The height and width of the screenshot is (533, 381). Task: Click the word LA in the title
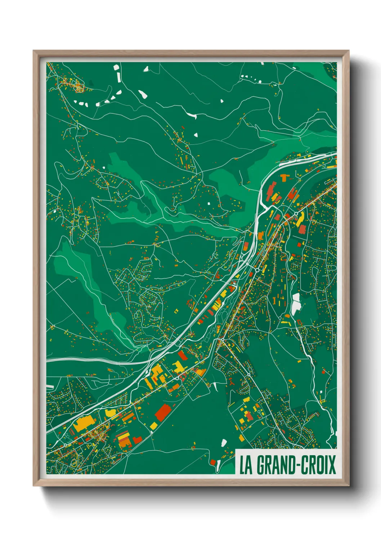(246, 465)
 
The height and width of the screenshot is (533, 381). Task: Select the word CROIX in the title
(318, 465)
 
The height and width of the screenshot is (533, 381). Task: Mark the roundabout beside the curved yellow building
(296, 214)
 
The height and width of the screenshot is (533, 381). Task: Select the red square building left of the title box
(213, 462)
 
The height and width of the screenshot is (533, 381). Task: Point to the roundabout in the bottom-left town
(65, 445)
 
